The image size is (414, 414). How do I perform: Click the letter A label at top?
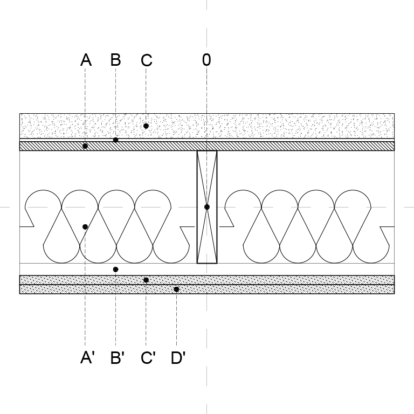(86, 60)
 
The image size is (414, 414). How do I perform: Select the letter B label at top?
(116, 60)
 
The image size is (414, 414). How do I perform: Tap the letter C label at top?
(147, 60)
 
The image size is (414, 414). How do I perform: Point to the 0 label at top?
(206, 60)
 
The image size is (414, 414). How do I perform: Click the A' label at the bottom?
(87, 358)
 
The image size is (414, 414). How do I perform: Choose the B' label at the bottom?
(117, 358)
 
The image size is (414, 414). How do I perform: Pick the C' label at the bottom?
(148, 358)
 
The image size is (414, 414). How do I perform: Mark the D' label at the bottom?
(178, 358)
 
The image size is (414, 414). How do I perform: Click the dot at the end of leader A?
(85, 146)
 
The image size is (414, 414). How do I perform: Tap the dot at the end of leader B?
(115, 140)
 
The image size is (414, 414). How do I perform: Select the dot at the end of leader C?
(146, 126)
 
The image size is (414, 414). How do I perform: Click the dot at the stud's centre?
(207, 207)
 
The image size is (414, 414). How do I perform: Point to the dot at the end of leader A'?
(85, 227)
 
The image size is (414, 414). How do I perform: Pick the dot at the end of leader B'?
(115, 270)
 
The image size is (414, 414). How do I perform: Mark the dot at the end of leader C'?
(146, 280)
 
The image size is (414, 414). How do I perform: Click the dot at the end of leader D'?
(176, 289)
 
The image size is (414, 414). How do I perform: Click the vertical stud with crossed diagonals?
(207, 207)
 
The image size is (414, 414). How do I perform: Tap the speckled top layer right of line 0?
(301, 126)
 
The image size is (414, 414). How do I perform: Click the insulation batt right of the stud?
(307, 226)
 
